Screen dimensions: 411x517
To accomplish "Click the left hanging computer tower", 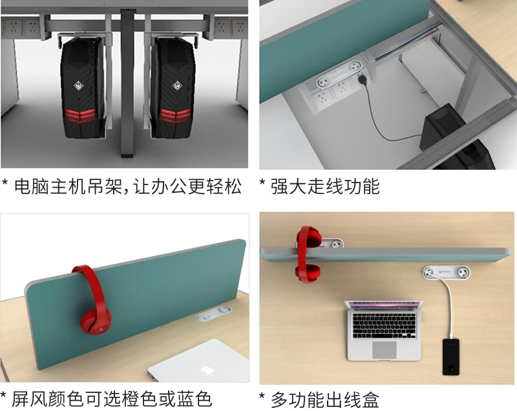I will (83, 87).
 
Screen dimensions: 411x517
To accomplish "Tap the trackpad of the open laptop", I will (385, 350).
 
